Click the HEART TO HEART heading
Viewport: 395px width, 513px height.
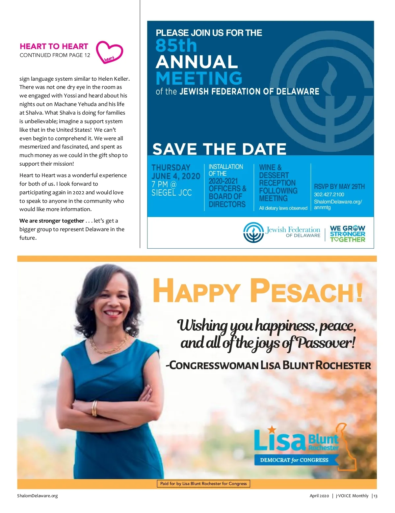click(54, 46)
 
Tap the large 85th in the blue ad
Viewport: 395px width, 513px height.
click(176, 45)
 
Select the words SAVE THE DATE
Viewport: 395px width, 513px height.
click(219, 149)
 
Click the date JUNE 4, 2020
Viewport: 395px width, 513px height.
click(176, 176)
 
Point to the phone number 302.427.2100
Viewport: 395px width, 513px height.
click(329, 195)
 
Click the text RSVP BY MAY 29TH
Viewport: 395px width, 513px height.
click(339, 187)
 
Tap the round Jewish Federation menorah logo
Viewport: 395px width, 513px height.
click(253, 232)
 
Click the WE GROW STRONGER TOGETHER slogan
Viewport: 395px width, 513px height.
click(348, 234)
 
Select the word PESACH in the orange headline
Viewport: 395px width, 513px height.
click(306, 291)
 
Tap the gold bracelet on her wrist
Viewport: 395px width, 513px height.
click(94, 408)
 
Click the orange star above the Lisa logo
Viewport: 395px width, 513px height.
click(272, 429)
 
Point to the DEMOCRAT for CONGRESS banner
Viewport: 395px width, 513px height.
click(294, 460)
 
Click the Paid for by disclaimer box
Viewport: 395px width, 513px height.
click(203, 484)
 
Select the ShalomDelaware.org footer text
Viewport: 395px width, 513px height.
click(38, 496)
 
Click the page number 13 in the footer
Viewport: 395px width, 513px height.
click(375, 496)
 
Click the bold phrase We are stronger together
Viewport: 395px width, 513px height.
click(52, 221)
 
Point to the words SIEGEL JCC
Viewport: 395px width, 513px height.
click(171, 193)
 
